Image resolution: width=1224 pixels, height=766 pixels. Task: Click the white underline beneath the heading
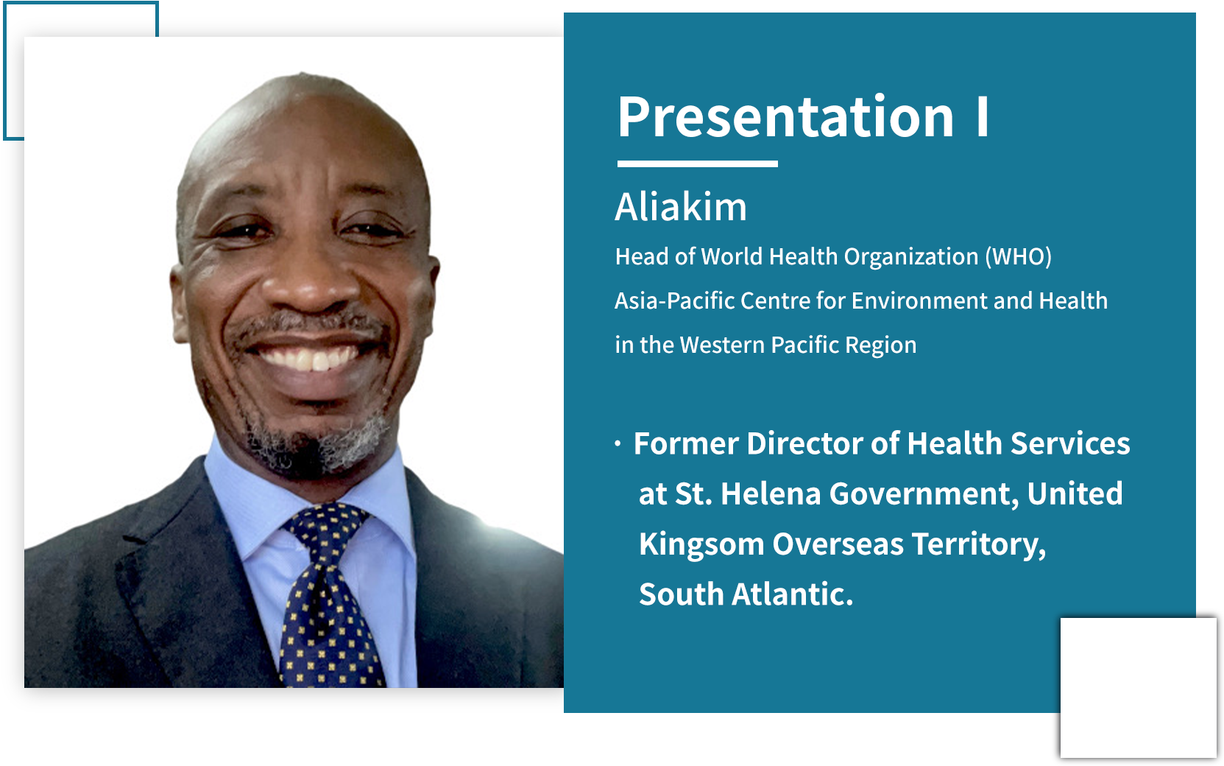click(x=697, y=164)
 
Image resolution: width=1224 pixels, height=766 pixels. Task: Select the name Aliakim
click(x=681, y=207)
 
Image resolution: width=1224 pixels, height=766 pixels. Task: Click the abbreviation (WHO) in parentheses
click(x=1019, y=256)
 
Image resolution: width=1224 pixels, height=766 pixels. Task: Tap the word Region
click(x=881, y=345)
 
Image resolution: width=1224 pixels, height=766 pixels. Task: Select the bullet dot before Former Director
click(x=618, y=443)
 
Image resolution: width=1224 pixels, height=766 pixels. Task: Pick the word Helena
click(x=771, y=493)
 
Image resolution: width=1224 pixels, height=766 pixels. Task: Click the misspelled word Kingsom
click(x=701, y=544)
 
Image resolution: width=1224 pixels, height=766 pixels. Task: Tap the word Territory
click(x=979, y=544)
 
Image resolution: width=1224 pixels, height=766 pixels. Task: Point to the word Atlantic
click(x=792, y=594)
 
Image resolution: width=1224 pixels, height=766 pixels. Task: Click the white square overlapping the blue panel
click(x=1138, y=688)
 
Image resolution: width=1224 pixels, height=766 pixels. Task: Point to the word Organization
click(x=911, y=256)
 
